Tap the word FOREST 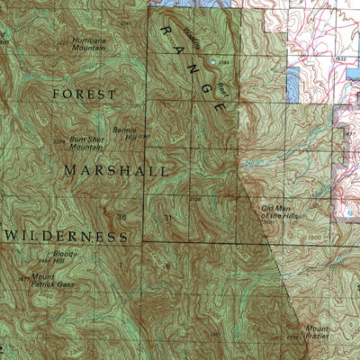[85, 94]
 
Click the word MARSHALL [115, 169]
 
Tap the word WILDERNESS [67, 236]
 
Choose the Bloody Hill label [66, 257]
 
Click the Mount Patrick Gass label [54, 281]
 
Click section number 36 [121, 217]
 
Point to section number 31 [166, 217]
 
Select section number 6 [167, 266]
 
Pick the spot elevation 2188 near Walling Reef [223, 61]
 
